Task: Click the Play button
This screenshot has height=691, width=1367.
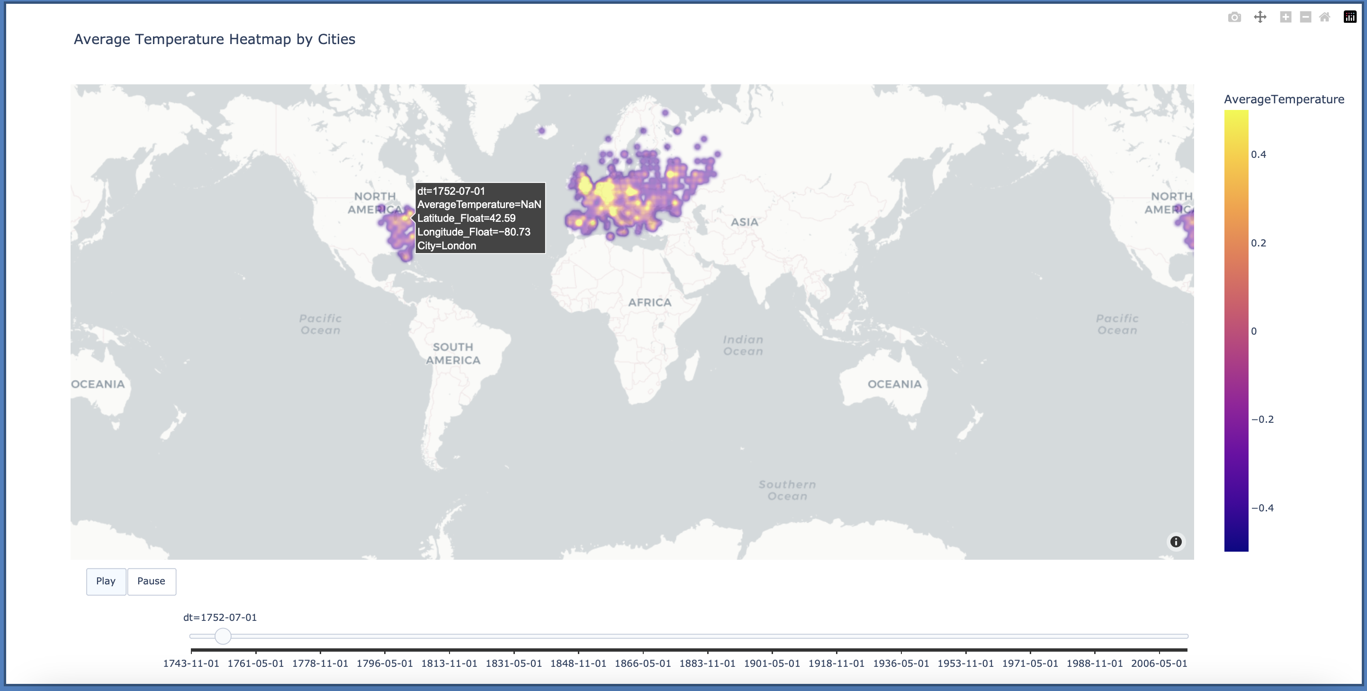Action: pyautogui.click(x=106, y=581)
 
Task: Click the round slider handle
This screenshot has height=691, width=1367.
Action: pyautogui.click(x=223, y=636)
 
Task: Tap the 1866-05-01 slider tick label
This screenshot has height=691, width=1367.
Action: pyautogui.click(x=643, y=664)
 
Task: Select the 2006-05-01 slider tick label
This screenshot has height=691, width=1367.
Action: pyautogui.click(x=1159, y=664)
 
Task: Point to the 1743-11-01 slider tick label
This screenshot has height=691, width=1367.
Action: pyautogui.click(x=191, y=664)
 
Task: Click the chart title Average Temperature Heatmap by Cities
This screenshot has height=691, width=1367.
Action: pyautogui.click(x=215, y=39)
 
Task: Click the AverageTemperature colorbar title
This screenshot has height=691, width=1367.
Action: pyautogui.click(x=1284, y=100)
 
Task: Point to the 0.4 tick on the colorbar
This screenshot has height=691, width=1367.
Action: pyautogui.click(x=1258, y=155)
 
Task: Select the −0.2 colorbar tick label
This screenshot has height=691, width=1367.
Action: pyautogui.click(x=1262, y=419)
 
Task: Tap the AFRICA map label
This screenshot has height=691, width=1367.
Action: pyautogui.click(x=649, y=302)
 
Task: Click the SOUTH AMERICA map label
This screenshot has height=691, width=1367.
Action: pyautogui.click(x=453, y=353)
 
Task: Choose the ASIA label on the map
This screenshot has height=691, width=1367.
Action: pyautogui.click(x=745, y=222)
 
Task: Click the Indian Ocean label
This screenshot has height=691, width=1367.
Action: pyautogui.click(x=743, y=345)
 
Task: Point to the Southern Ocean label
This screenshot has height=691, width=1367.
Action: pyautogui.click(x=787, y=490)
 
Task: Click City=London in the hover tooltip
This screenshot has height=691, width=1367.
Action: pyautogui.click(x=446, y=245)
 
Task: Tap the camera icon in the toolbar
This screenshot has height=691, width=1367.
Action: pyautogui.click(x=1234, y=18)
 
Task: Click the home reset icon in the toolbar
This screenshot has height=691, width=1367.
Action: pyautogui.click(x=1324, y=18)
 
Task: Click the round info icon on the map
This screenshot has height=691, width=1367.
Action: pyautogui.click(x=1176, y=542)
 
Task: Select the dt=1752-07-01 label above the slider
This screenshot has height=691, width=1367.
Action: pyautogui.click(x=220, y=618)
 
